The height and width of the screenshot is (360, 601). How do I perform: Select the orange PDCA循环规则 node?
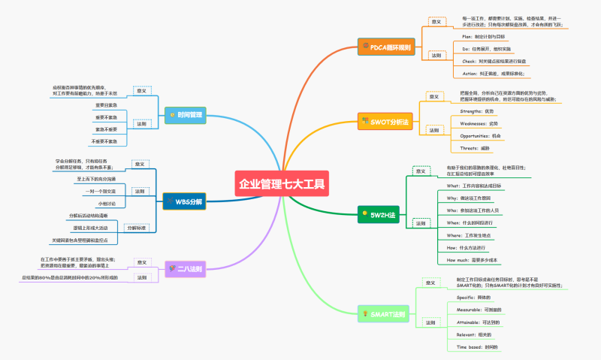(x=385, y=47)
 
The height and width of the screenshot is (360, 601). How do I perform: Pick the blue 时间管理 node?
(x=185, y=115)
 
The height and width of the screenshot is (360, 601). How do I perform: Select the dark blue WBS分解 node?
(x=183, y=201)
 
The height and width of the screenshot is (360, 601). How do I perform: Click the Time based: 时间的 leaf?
(x=477, y=346)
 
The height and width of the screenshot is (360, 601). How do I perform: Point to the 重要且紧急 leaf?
(x=106, y=105)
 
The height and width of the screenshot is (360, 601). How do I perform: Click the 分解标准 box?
(x=136, y=227)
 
